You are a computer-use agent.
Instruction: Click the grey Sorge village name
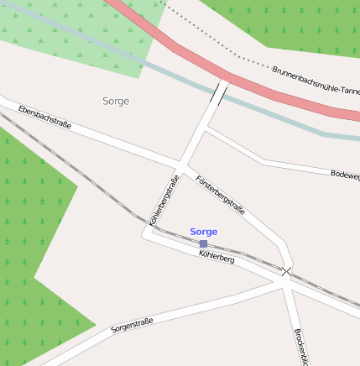tap(116, 101)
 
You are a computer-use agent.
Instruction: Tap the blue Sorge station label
tap(204, 231)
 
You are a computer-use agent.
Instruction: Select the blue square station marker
tap(203, 243)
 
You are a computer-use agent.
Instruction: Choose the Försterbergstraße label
tap(220, 195)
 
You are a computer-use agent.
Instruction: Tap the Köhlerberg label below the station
tap(217, 256)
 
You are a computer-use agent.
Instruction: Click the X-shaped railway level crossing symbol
tap(287, 271)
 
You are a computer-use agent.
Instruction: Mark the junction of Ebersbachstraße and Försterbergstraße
tap(180, 160)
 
